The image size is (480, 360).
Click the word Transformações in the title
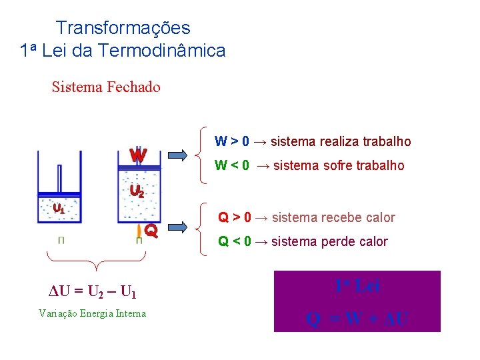click(x=123, y=28)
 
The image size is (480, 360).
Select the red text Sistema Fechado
click(x=106, y=87)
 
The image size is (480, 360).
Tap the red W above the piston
click(x=138, y=155)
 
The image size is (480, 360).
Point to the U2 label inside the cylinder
click(x=137, y=191)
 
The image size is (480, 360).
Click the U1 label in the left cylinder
click(x=59, y=208)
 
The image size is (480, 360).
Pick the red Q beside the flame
click(x=151, y=231)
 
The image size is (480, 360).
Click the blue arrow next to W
click(x=178, y=155)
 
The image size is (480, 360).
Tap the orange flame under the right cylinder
click(x=139, y=231)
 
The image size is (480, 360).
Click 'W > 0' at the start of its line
click(x=232, y=141)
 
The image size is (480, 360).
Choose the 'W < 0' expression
click(x=232, y=165)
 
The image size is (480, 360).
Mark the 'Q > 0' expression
click(x=235, y=217)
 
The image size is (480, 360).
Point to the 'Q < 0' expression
click(x=235, y=241)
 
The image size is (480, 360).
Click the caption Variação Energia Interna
click(x=92, y=313)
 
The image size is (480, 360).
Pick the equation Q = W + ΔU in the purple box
click(x=357, y=319)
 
